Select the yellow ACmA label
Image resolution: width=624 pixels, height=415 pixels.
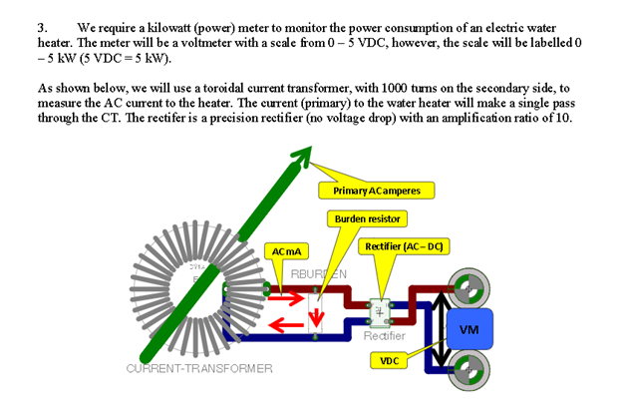(x=288, y=250)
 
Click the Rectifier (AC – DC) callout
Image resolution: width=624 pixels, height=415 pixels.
(x=404, y=246)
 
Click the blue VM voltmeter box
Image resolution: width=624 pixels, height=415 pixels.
(x=467, y=328)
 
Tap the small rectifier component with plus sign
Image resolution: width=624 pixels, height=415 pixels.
(x=380, y=311)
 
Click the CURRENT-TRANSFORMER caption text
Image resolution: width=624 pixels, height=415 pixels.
(x=199, y=368)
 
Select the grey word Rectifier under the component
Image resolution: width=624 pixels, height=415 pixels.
(x=384, y=336)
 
